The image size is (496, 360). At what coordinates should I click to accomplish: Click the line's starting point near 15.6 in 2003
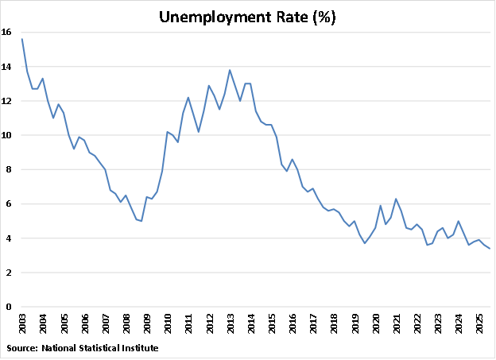tap(22, 39)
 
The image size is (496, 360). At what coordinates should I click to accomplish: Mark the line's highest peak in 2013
tap(230, 70)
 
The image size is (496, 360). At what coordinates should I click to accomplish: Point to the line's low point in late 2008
tap(141, 221)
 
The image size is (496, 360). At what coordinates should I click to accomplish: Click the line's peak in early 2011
tap(188, 97)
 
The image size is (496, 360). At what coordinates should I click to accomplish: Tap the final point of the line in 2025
tap(490, 249)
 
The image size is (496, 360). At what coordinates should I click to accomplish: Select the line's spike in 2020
tap(381, 206)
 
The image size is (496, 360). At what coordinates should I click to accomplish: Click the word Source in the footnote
tap(21, 348)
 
